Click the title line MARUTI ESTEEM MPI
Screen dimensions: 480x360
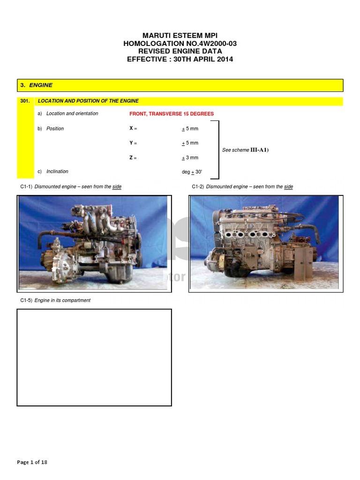coord(180,36)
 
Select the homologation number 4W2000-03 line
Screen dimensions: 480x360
coord(180,44)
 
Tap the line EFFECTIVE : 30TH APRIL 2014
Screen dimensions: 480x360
coord(180,59)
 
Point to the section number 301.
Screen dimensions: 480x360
coord(25,101)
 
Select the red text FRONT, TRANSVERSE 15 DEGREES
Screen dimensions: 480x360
coord(172,114)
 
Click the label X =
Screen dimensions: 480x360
coord(133,128)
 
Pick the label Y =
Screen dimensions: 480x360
coord(133,143)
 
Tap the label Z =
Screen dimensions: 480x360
coord(133,158)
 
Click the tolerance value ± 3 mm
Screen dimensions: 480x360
coord(190,158)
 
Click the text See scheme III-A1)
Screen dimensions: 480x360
coord(245,150)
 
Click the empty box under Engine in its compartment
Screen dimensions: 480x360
coord(94,357)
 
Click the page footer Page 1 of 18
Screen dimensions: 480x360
coord(32,462)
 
